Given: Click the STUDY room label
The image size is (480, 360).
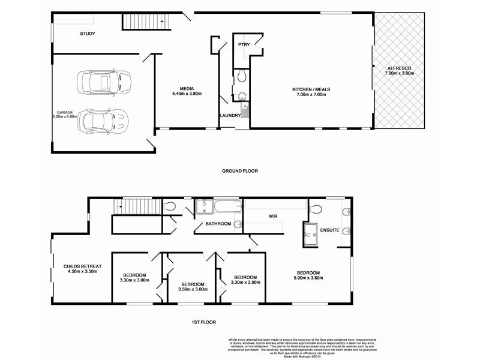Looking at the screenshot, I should tap(88, 34).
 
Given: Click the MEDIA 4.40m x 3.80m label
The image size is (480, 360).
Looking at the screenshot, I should tap(187, 91).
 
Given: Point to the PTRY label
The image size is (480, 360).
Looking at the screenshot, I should tap(244, 44).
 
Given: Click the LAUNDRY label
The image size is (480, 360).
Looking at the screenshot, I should tap(230, 115).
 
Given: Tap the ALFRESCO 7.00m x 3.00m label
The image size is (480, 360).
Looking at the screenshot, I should tap(400, 70).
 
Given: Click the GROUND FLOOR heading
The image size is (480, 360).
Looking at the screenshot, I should tap(240, 171).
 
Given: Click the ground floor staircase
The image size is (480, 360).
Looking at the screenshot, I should tap(147, 22).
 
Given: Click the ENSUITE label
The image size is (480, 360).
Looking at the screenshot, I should tap(330, 230).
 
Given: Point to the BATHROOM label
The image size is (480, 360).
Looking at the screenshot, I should tap(218, 224).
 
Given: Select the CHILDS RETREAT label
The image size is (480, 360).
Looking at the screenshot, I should tap(83, 268).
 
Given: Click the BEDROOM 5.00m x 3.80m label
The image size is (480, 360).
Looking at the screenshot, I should tap(308, 275).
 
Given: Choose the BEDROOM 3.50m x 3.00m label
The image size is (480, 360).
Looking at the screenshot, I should tap(193, 286).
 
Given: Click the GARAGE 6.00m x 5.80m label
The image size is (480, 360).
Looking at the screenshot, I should tap(65, 115).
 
